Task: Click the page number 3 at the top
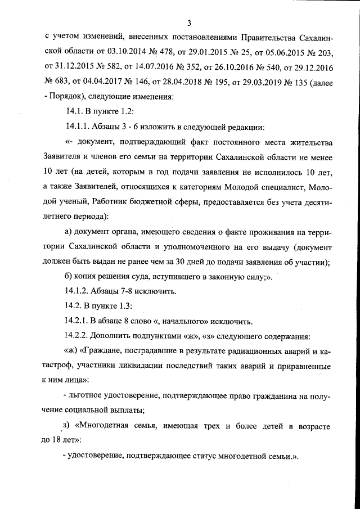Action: coord(190,23)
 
